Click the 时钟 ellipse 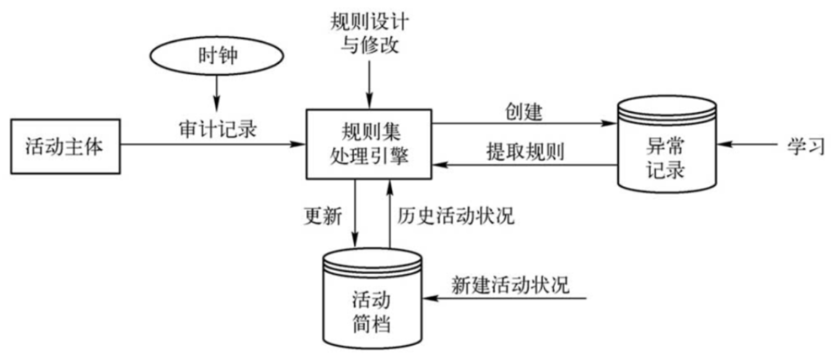click(x=216, y=56)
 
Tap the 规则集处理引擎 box click(x=369, y=144)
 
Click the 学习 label click(x=806, y=146)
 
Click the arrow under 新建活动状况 click(x=507, y=299)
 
